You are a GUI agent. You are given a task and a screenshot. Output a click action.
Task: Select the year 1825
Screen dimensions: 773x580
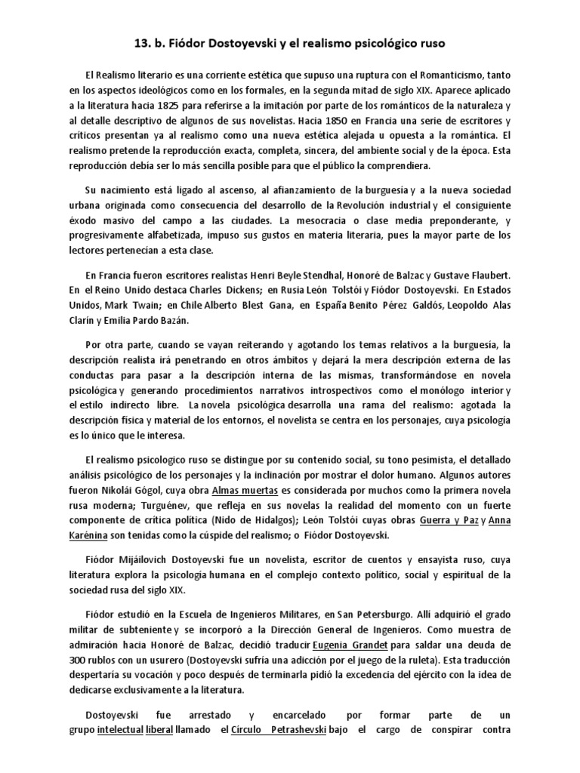tap(201, 106)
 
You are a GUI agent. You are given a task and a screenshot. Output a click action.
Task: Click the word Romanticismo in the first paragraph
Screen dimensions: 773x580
tap(467, 76)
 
